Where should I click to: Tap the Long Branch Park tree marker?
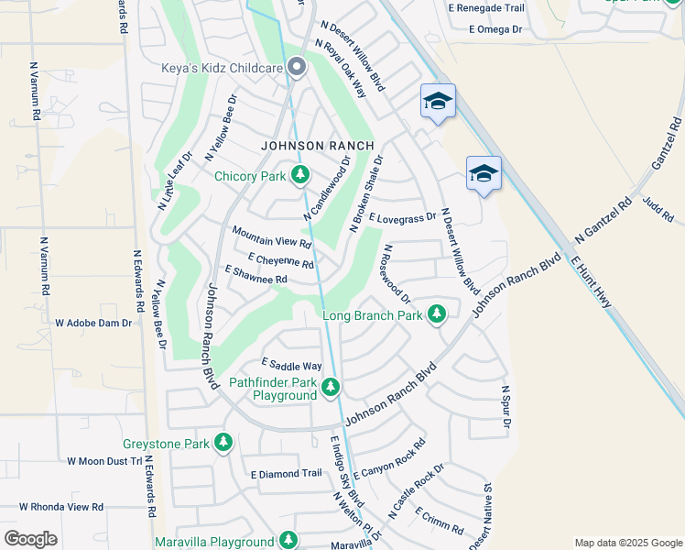click(437, 314)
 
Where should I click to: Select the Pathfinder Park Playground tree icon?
click(331, 388)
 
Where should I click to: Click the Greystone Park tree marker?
click(223, 443)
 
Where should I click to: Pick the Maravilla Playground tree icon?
click(288, 541)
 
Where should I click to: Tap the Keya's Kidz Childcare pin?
click(297, 66)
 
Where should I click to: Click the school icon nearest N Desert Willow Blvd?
click(439, 101)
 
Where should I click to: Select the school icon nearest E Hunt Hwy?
click(484, 172)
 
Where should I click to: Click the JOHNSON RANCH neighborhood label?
click(317, 146)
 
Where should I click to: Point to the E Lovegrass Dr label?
click(402, 218)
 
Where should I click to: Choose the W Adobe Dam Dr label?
click(94, 323)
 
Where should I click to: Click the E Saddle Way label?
click(291, 365)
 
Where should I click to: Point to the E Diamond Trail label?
click(287, 474)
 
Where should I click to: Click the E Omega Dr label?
click(495, 29)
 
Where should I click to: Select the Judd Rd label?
click(658, 210)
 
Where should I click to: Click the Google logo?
click(31, 538)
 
